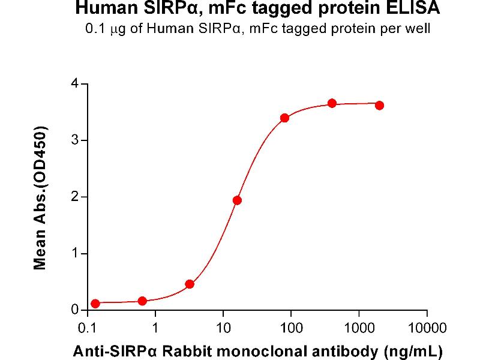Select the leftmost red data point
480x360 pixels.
point(95,304)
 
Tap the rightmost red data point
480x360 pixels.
point(379,106)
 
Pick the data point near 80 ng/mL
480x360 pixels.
point(284,118)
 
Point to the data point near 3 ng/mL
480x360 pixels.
point(190,284)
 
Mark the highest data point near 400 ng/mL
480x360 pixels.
point(332,103)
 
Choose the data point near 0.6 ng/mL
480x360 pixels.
point(142,301)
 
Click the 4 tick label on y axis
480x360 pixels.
point(75,84)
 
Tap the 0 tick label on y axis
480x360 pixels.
point(75,310)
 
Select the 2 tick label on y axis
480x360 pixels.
point(75,197)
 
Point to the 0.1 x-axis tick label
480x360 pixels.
point(88,328)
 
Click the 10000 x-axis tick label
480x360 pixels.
point(427,328)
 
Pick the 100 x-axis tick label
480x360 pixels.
point(291,328)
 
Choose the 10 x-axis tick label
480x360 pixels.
point(223,328)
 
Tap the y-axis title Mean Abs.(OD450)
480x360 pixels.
point(41,197)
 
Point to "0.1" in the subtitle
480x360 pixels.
point(95,29)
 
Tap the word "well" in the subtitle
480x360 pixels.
point(418,29)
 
